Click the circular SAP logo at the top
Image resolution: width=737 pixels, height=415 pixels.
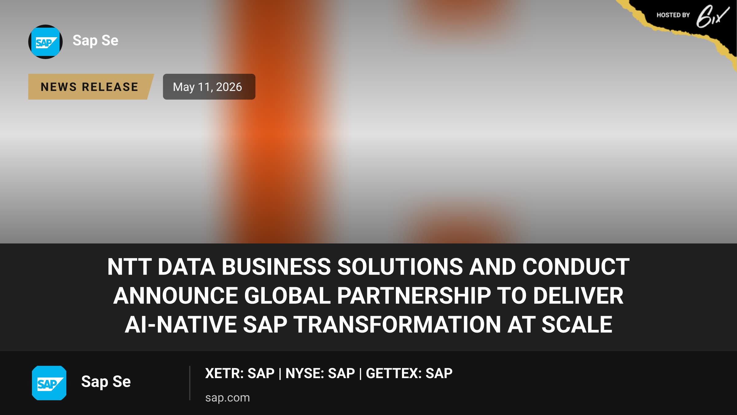point(45,42)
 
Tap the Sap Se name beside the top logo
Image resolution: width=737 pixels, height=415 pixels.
point(96,41)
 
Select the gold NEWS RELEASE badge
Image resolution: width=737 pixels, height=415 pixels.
point(90,87)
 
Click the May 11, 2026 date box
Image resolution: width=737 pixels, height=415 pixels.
point(209,87)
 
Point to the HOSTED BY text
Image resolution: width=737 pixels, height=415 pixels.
point(673,15)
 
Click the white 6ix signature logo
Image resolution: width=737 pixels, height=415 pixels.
point(712,17)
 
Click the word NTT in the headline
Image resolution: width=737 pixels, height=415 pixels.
point(129,267)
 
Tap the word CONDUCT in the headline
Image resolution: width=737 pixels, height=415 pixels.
point(576,267)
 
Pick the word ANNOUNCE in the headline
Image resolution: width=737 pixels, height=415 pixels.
point(176,295)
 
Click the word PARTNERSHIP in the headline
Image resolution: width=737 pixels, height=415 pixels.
point(414,295)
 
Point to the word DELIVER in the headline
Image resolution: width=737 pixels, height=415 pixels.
point(578,295)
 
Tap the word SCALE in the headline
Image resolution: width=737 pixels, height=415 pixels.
point(577,325)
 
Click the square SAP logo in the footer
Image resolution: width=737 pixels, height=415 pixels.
point(49,383)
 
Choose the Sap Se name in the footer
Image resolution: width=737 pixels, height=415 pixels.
point(106,382)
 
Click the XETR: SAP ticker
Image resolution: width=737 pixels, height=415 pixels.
point(240,373)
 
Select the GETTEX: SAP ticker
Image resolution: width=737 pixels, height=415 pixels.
point(409,373)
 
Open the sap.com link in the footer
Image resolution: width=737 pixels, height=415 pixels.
point(228,398)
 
